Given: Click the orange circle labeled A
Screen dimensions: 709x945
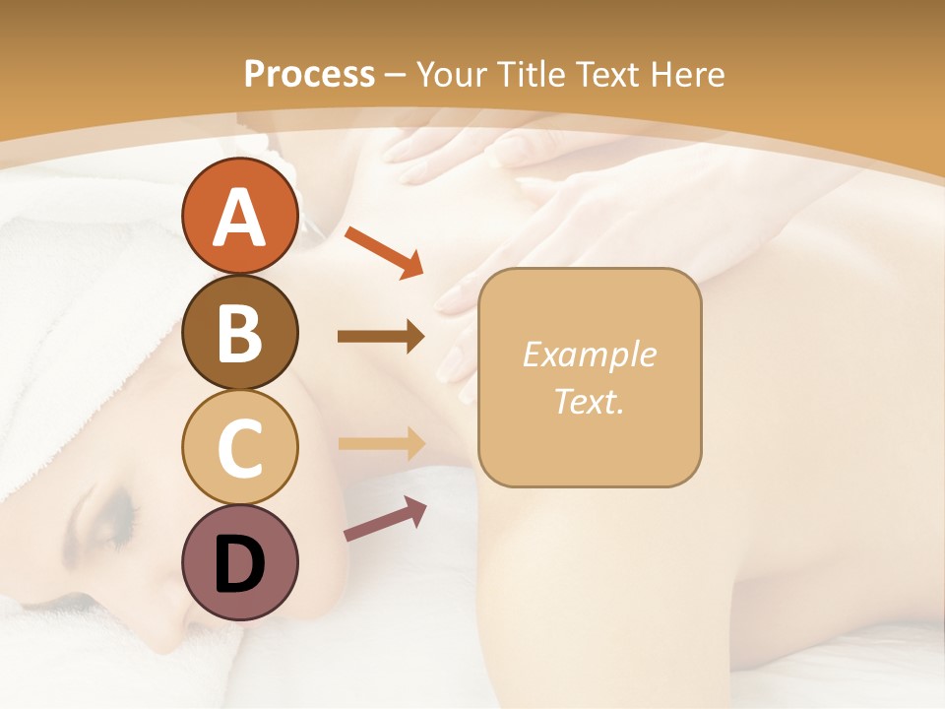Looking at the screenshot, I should tap(240, 218).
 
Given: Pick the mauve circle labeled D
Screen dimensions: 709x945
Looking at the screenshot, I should tap(240, 562).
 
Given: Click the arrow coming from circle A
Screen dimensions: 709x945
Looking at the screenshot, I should tap(383, 250).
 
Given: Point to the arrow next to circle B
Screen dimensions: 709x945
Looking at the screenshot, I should tap(381, 337).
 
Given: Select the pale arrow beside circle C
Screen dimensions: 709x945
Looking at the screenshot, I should tap(381, 443).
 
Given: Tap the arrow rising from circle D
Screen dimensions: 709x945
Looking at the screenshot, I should tap(385, 518).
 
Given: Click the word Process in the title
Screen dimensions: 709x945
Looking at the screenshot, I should tap(309, 75).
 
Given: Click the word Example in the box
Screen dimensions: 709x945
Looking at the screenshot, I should tap(589, 354).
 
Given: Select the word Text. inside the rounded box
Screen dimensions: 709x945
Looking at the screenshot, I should tap(589, 402).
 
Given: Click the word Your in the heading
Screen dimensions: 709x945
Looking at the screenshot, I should tap(449, 75).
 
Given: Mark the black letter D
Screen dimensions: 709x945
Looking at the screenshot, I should tap(240, 564).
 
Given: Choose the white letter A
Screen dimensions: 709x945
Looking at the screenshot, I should tap(240, 218).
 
